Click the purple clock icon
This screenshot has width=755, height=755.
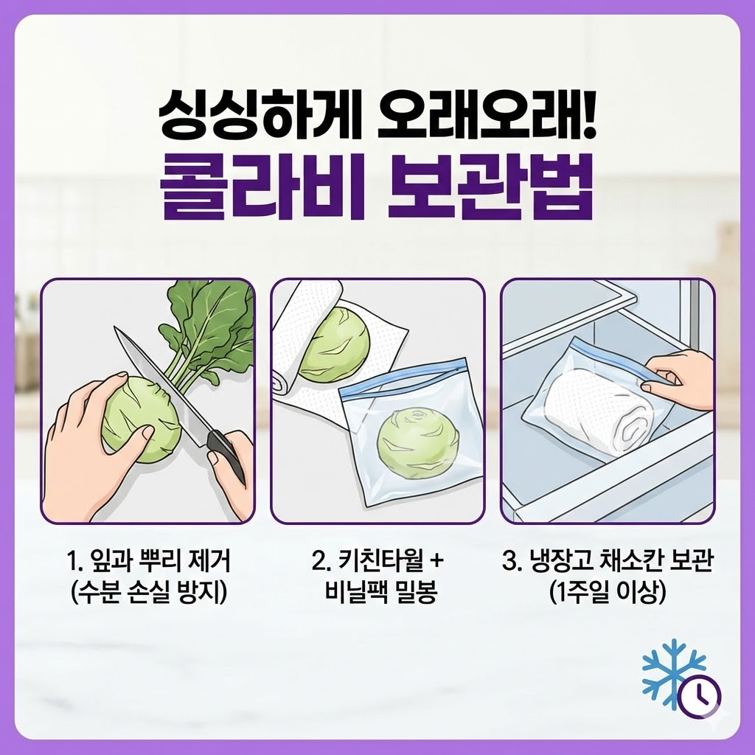[698, 695]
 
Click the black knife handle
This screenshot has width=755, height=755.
[226, 454]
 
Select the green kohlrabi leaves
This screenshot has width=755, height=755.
[210, 324]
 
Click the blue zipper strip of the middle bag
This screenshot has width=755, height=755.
[402, 381]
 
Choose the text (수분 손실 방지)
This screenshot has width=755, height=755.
[148, 591]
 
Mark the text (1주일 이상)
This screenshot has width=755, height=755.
[609, 591]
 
